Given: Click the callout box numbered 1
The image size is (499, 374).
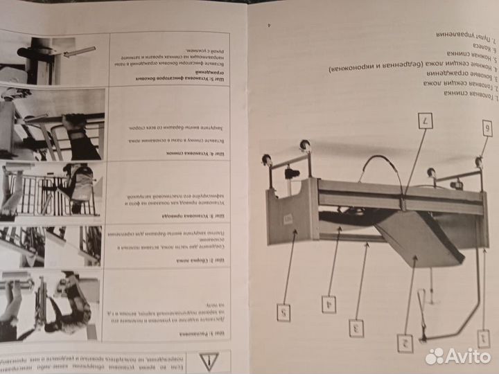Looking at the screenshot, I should (x=483, y=339).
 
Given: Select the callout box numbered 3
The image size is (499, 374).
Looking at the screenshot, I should (x=356, y=328).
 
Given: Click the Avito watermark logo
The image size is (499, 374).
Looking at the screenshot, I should (x=457, y=355).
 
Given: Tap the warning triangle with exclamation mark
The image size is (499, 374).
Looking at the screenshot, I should (x=207, y=360).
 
